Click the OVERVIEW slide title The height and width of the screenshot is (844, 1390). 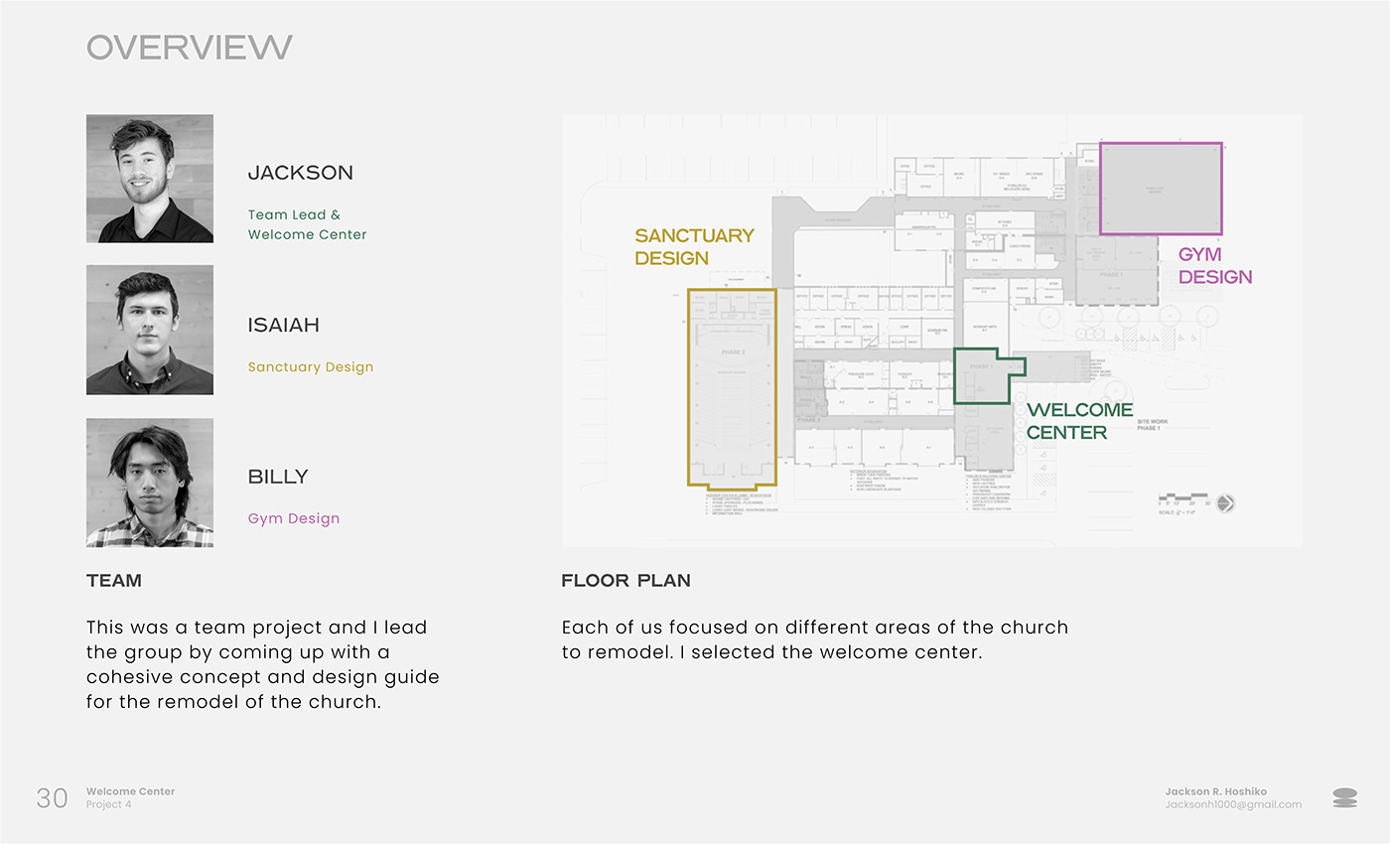tap(189, 47)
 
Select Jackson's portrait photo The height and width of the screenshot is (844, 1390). tap(150, 179)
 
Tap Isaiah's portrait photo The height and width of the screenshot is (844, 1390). tap(150, 330)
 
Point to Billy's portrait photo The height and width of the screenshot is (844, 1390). tap(150, 483)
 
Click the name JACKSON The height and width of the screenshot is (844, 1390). tap(300, 173)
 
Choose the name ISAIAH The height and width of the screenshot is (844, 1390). tap(283, 325)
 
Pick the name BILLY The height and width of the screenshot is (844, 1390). tap(278, 477)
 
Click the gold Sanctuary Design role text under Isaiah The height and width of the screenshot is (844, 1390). tap(311, 366)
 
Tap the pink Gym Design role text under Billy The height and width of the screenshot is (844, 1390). tap(294, 518)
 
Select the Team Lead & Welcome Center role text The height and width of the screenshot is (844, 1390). tap(307, 224)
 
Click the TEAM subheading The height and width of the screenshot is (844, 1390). tap(114, 581)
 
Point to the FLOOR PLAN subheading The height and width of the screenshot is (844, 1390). tap(625, 581)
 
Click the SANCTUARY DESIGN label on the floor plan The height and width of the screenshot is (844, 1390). tap(694, 246)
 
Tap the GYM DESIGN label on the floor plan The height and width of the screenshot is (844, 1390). tap(1214, 265)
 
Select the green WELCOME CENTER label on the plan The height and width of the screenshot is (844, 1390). tap(1079, 421)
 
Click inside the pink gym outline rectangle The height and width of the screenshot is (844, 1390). tap(1161, 189)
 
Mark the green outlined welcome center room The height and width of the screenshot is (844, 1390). tap(981, 377)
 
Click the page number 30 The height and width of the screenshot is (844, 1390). tap(52, 797)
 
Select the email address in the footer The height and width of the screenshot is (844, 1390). tap(1233, 804)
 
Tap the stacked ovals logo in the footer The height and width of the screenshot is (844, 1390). tap(1344, 797)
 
